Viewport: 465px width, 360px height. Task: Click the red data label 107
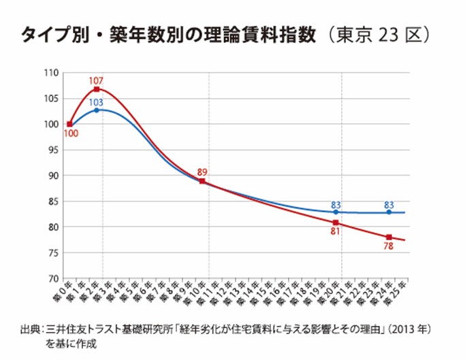pos(97,81)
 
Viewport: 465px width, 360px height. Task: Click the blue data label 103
pos(97,102)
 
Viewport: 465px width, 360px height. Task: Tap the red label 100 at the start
pos(70,133)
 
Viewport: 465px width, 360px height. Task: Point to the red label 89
pos(202,172)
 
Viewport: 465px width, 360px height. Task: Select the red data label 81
pos(336,232)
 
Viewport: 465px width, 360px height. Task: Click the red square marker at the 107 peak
pos(97,89)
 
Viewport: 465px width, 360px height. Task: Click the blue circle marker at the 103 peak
pos(97,110)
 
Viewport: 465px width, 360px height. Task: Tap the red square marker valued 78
pos(389,237)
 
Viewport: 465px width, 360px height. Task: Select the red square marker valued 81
pos(336,223)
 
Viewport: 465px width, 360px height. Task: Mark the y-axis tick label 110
pos(50,72)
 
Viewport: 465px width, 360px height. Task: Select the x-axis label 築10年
pos(198,293)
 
